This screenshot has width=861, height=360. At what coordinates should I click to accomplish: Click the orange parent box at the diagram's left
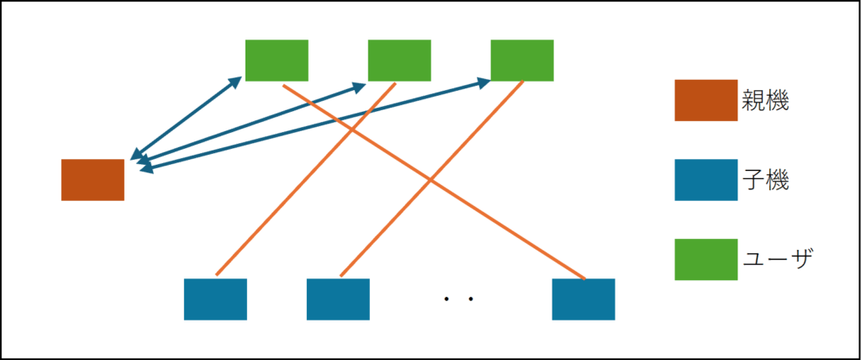pos(92,180)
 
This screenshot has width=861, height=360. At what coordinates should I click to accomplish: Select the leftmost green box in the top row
pos(277,61)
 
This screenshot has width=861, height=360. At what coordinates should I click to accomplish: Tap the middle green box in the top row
pos(399,61)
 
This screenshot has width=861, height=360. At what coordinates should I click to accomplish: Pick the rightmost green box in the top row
pos(522,61)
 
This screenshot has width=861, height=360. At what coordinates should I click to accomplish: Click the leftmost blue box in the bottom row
pos(215,299)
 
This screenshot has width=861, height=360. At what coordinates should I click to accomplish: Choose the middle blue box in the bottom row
pos(338,299)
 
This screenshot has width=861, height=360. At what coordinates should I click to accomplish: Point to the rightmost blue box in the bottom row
pos(584,299)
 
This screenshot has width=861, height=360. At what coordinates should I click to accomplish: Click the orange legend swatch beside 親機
pos(705,101)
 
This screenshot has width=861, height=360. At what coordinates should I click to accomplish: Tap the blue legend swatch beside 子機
pos(705,180)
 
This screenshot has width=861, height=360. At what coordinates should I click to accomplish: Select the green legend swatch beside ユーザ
pos(705,259)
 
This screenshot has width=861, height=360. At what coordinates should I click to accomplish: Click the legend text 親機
pos(765,102)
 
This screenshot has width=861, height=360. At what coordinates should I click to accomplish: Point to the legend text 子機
pos(765,180)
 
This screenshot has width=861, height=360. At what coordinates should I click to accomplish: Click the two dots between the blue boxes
pos(459,299)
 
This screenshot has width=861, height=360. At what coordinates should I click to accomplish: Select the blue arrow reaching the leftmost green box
pos(185,118)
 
